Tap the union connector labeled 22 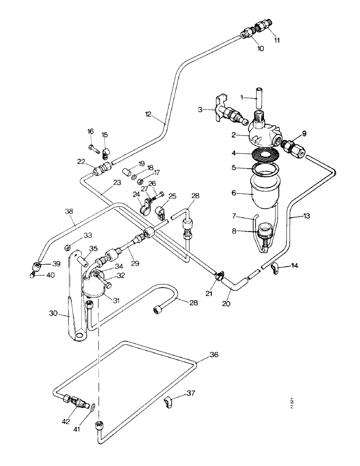[x=100, y=170]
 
